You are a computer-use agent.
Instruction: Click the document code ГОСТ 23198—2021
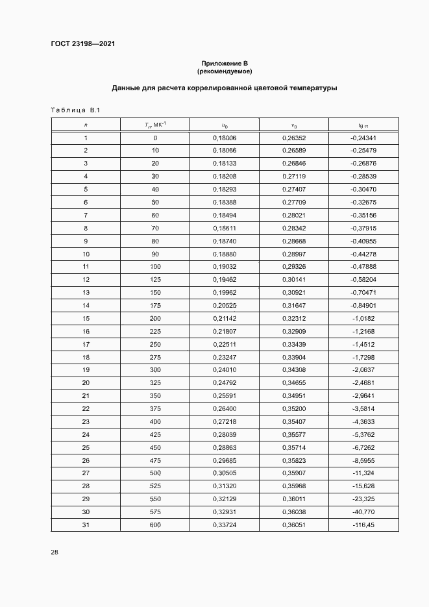82,43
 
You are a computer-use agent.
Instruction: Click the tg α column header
363,125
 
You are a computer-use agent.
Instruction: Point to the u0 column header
225,125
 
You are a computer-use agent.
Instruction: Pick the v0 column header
293,125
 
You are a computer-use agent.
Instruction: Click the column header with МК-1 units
154,125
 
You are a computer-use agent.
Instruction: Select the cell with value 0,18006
225,138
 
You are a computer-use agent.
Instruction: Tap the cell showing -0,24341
363,138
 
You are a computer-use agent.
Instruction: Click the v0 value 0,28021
293,214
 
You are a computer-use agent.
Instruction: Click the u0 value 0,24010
225,370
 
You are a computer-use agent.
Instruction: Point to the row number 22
86,408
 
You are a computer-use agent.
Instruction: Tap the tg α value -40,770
363,512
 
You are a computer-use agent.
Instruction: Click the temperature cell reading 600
154,525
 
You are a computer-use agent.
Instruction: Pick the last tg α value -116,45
363,525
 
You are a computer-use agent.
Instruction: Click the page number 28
55,552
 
